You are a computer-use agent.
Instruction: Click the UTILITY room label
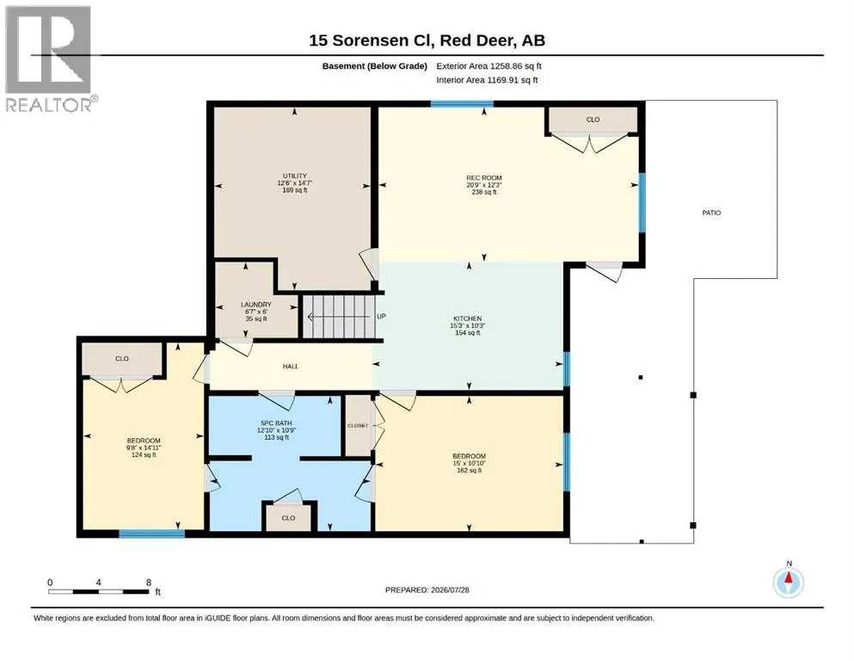[295, 176]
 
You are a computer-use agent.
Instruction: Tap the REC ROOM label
[483, 177]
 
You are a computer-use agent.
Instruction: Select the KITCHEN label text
[467, 318]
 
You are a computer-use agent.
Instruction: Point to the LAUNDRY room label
[256, 305]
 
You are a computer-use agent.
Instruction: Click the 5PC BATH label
[276, 423]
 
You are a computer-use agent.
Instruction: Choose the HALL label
[291, 366]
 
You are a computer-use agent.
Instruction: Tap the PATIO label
[711, 213]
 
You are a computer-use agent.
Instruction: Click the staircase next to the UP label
[339, 317]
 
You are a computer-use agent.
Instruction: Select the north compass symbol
[789, 582]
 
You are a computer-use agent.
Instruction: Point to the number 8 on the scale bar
[149, 583]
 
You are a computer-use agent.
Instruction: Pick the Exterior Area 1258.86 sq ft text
[488, 66]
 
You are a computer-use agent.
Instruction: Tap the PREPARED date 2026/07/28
[450, 590]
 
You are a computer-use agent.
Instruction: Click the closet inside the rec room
[593, 120]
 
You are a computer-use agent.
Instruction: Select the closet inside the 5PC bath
[288, 517]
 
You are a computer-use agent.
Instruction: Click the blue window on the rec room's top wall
[462, 103]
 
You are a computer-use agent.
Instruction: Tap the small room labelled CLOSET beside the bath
[358, 425]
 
